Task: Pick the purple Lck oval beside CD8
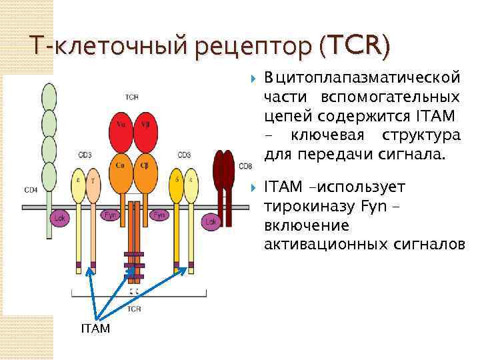tap(211, 221)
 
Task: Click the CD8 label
tap(245, 166)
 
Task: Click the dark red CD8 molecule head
tap(224, 171)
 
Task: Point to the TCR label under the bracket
tap(135, 309)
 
